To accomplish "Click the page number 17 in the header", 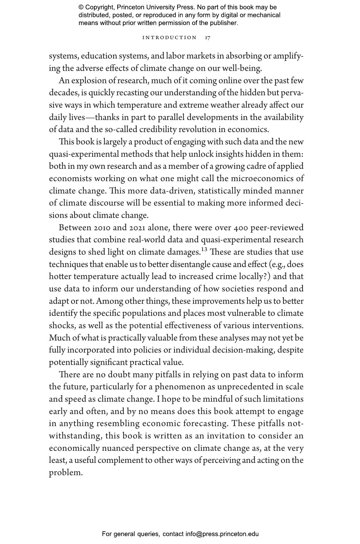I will (207, 38).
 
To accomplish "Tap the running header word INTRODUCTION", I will (169, 38).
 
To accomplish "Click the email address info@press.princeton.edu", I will (222, 534).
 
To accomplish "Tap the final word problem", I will (66, 473).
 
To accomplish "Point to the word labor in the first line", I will (175, 56).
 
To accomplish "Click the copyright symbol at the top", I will (81, 7).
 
